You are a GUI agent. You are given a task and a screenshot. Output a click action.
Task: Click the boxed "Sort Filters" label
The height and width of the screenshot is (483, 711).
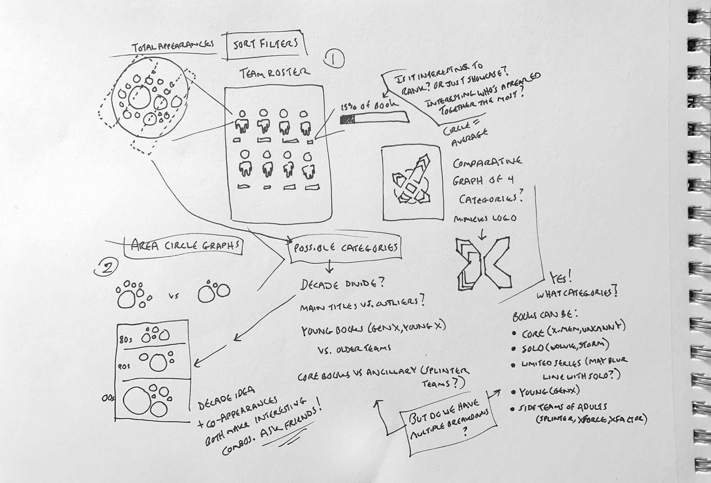click(x=266, y=44)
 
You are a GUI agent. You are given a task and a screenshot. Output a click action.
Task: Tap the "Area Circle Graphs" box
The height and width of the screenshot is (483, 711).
click(x=183, y=246)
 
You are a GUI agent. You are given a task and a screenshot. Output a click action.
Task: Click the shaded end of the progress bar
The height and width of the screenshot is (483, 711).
click(x=347, y=120)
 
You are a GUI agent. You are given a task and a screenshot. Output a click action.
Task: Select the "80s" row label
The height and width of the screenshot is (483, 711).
click(x=125, y=339)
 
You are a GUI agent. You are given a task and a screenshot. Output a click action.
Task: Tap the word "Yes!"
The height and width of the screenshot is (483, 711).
click(x=560, y=278)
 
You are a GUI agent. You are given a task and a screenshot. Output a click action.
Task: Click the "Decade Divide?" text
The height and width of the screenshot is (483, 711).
click(x=342, y=284)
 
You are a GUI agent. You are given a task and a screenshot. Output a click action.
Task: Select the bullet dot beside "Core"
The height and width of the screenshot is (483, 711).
click(x=514, y=333)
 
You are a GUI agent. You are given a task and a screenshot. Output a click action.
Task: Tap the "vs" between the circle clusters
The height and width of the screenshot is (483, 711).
click(x=174, y=296)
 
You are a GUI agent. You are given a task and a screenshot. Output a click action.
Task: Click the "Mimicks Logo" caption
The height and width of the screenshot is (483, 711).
click(x=485, y=218)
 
